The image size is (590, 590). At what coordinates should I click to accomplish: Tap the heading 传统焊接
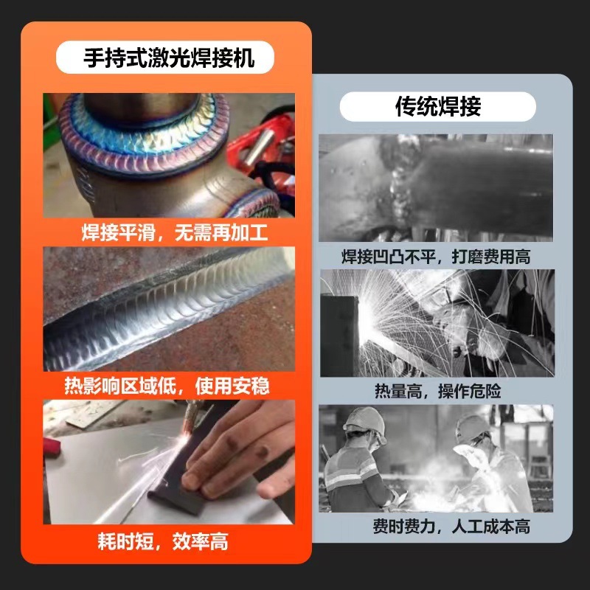[x=437, y=106]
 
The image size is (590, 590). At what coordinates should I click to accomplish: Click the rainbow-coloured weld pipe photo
[x=169, y=155]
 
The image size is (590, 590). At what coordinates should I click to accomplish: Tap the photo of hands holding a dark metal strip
[x=169, y=462]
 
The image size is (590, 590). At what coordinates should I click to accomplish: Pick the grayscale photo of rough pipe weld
[x=436, y=187]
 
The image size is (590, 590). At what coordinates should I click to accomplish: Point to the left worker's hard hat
[x=364, y=420]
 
